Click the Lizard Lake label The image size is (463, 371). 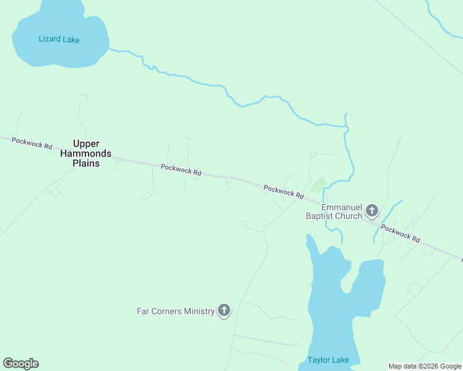pyautogui.click(x=59, y=39)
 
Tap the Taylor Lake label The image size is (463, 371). pyautogui.click(x=328, y=360)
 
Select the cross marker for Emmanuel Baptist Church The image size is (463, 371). pyautogui.click(x=371, y=211)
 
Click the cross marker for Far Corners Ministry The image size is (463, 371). pyautogui.click(x=223, y=310)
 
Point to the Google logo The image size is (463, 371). pyautogui.click(x=20, y=364)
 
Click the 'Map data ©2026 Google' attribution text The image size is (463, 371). pyautogui.click(x=425, y=366)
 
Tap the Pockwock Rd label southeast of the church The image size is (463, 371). pyautogui.click(x=400, y=233)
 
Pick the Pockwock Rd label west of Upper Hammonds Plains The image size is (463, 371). pyautogui.click(x=32, y=143)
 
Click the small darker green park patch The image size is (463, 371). pyautogui.click(x=319, y=184)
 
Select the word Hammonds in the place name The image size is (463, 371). pyautogui.click(x=86, y=153)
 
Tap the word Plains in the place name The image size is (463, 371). pyautogui.click(x=86, y=164)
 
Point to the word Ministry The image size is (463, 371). pyautogui.click(x=199, y=311)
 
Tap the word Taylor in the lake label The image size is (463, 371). pyautogui.click(x=318, y=360)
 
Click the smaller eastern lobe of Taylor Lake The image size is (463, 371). pyautogui.click(x=370, y=284)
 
